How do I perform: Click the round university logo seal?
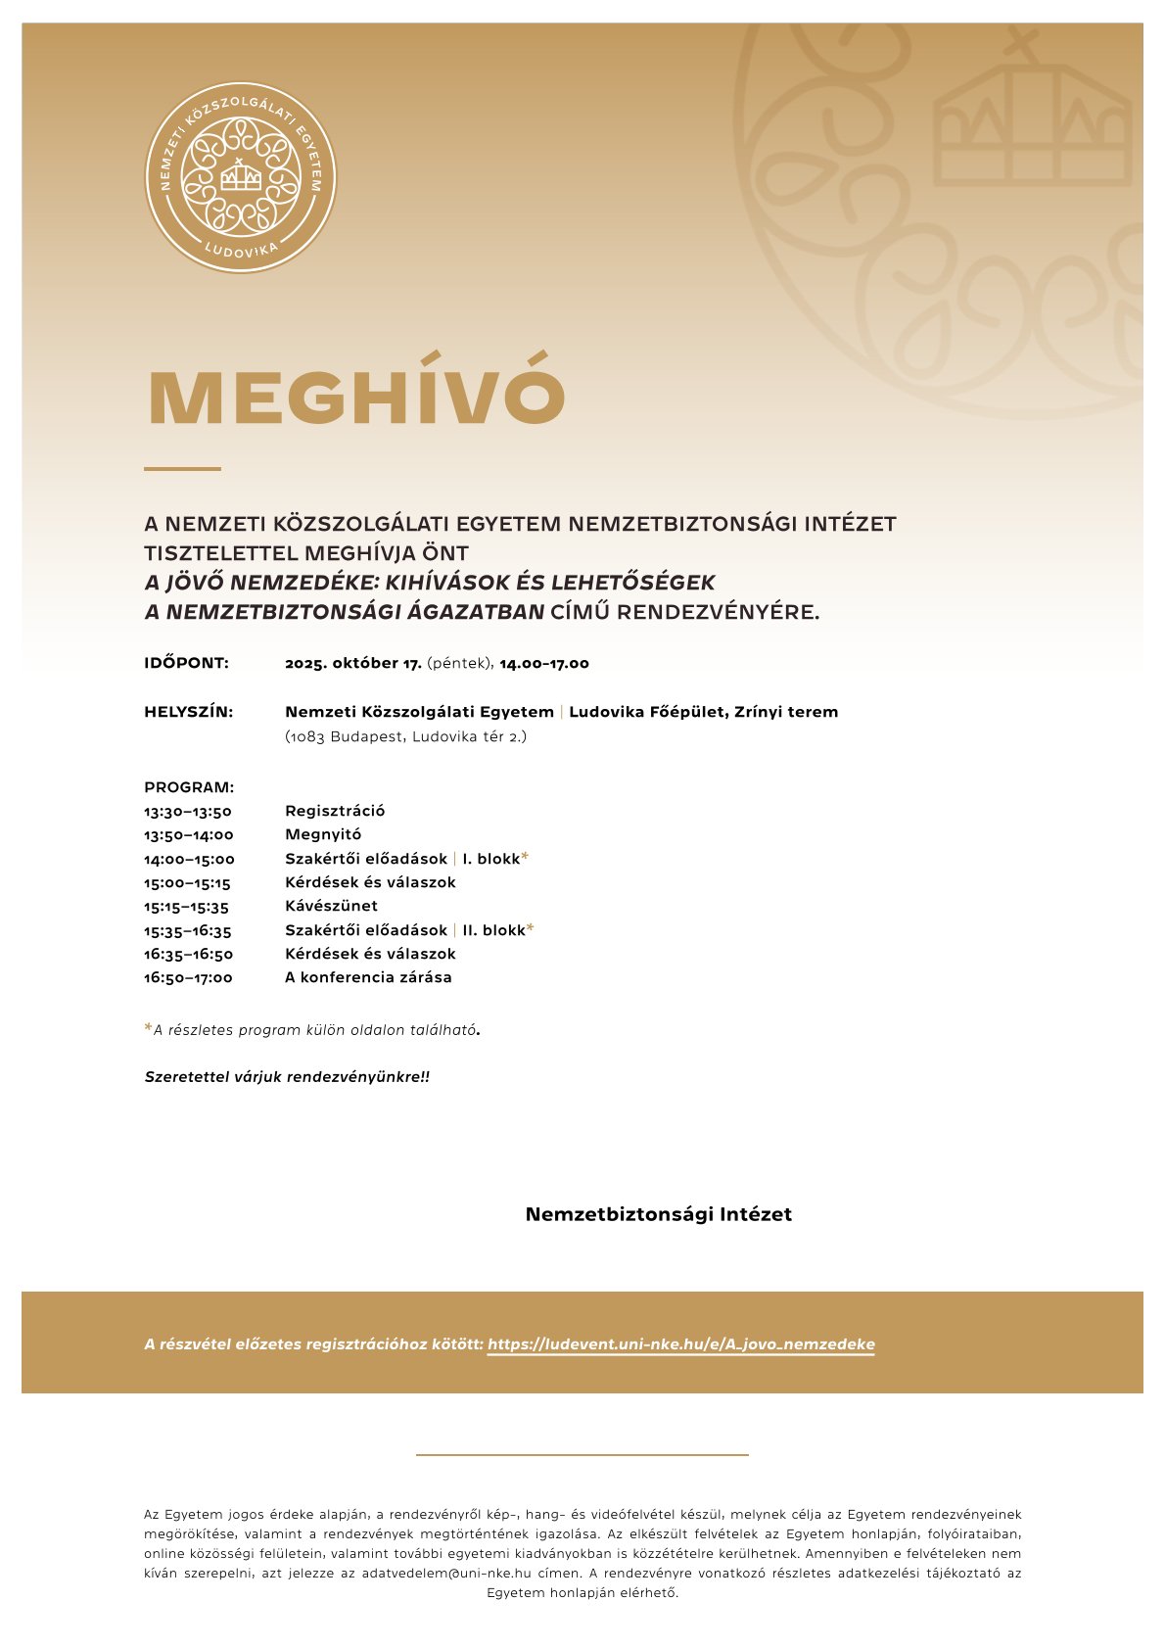coord(240,177)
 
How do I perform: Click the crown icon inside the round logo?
coord(240,176)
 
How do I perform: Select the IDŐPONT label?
coord(186,663)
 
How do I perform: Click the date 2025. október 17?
coord(353,663)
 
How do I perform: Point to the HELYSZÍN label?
coord(188,712)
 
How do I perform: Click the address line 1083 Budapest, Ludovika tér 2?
coord(405,736)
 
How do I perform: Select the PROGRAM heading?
coord(189,787)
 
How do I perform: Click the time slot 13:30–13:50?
coord(188,811)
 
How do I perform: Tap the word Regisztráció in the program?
coord(335,811)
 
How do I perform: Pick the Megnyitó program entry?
coord(323,834)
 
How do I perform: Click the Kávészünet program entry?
coord(331,906)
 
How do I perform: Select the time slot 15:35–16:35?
coord(188,930)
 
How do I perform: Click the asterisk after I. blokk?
coord(525,857)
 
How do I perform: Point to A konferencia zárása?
coord(368,977)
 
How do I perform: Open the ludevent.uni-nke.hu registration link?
coord(680,1344)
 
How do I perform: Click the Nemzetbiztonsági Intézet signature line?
coord(658,1214)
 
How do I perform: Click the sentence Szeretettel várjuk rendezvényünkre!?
coord(287,1077)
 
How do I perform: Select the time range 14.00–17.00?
coord(544,663)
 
